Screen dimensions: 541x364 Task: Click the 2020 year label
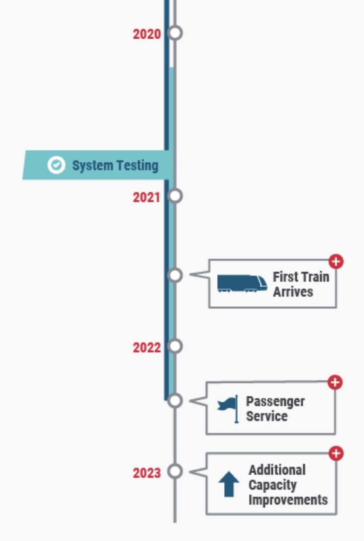(146, 34)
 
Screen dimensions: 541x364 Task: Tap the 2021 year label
(146, 197)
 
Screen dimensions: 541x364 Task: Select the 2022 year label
(146, 348)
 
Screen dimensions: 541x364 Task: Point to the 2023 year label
(146, 473)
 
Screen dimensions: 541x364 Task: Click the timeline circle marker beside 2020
(175, 33)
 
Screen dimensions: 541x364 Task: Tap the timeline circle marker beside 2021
(175, 196)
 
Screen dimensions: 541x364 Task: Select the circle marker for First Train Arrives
(175, 275)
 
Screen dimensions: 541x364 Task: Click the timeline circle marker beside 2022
(175, 346)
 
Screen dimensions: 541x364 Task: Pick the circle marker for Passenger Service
(175, 400)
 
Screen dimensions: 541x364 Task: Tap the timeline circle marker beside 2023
(175, 471)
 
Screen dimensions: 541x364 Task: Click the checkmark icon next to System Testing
(56, 165)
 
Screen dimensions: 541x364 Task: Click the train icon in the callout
(242, 284)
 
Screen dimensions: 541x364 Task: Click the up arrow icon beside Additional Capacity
(229, 484)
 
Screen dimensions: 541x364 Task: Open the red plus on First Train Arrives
(336, 261)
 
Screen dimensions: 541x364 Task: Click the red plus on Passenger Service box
(335, 382)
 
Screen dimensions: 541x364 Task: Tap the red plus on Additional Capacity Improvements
(336, 454)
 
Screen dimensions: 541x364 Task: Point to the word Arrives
(293, 292)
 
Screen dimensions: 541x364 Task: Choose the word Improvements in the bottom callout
(288, 500)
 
